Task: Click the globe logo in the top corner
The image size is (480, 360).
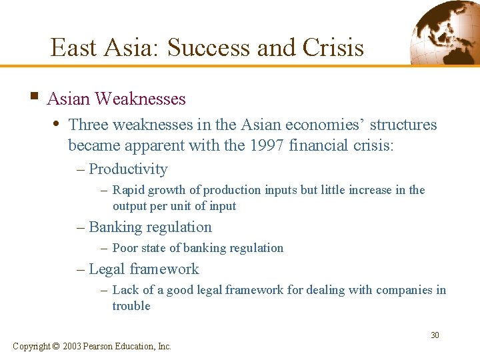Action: coord(443,31)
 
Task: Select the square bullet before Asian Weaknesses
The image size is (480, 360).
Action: coord(33,97)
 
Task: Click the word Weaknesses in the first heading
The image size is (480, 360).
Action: coord(140,99)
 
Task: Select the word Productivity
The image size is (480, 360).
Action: coord(128,169)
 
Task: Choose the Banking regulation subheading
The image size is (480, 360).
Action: coord(150,227)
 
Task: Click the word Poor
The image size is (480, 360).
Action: coord(125,248)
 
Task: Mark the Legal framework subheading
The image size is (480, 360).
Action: coord(143,269)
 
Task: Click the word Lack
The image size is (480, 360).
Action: coord(125,290)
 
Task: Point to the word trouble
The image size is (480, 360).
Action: coord(131,306)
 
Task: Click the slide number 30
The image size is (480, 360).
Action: coord(435,335)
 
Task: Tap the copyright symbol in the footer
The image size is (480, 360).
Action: coord(55,346)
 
